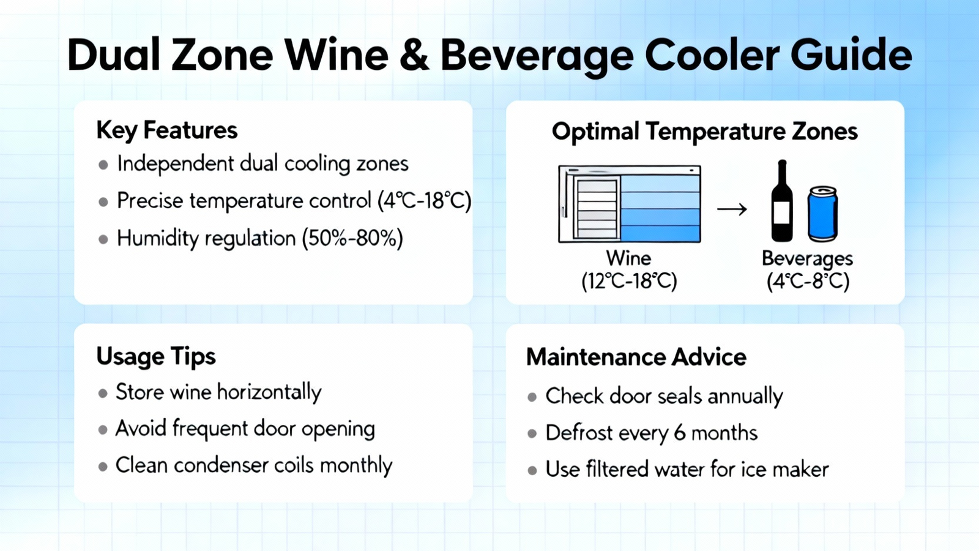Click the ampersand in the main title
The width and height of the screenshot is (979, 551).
pyautogui.click(x=414, y=56)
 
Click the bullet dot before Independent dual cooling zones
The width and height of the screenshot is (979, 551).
pyautogui.click(x=103, y=165)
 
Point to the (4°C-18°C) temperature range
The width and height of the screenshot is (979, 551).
pyautogui.click(x=424, y=201)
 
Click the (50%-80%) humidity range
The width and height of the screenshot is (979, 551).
pyautogui.click(x=352, y=238)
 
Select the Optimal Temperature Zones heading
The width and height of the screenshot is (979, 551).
pyautogui.click(x=704, y=132)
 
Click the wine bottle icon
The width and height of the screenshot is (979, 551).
pyautogui.click(x=782, y=201)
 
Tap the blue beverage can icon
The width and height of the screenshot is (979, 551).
pyautogui.click(x=822, y=214)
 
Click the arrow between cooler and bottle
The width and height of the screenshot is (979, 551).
pyautogui.click(x=732, y=209)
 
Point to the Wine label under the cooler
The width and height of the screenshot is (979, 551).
pyautogui.click(x=628, y=258)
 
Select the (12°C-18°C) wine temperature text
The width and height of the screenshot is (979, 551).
pyautogui.click(x=629, y=281)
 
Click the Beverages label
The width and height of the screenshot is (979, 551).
pyautogui.click(x=807, y=259)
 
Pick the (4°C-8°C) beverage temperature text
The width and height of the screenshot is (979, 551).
pyautogui.click(x=808, y=281)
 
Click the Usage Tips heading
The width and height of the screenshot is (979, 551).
pyautogui.click(x=156, y=356)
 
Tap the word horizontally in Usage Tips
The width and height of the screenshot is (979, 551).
pyautogui.click(x=269, y=392)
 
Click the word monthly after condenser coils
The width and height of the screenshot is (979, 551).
pyautogui.click(x=356, y=465)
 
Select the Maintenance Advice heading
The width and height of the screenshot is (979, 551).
pyautogui.click(x=636, y=358)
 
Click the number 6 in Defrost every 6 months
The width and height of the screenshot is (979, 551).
pyautogui.click(x=680, y=433)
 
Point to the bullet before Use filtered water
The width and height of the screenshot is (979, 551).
pyautogui.click(x=532, y=471)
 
